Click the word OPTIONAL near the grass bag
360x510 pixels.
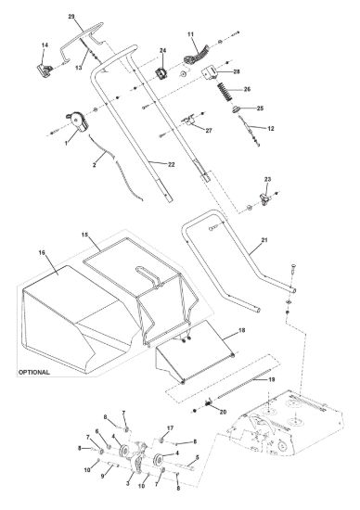point(34,372)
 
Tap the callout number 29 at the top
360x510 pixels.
point(71,17)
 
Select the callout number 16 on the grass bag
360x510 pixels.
point(42,252)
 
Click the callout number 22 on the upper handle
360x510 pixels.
point(172,164)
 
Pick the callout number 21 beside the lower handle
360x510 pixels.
point(264,240)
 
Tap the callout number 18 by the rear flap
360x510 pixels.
point(242,330)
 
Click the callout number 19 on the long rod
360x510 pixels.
point(272,379)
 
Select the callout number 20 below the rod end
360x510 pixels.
point(223,412)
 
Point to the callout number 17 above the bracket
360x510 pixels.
point(170,428)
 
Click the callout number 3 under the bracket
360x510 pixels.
point(128,484)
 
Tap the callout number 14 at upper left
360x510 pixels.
point(45,45)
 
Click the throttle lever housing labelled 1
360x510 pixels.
point(78,121)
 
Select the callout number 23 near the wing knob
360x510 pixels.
point(267,179)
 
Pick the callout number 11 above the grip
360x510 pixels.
point(191,34)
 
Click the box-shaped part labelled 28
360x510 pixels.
point(210,72)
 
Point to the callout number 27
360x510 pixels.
point(209,131)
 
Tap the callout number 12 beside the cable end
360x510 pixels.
point(271,129)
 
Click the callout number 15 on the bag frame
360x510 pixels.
point(84,235)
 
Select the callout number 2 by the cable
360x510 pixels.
point(95,165)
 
